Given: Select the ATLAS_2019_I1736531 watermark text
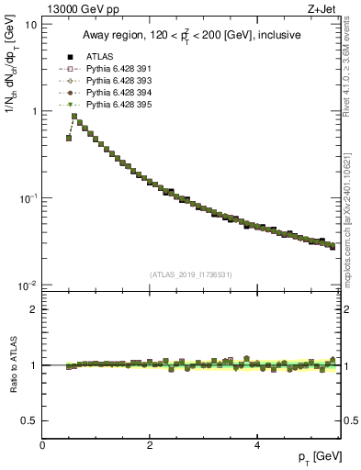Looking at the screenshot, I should coord(190,274).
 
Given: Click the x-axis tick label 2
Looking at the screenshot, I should coord(150,445).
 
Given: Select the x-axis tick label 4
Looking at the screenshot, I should coord(257,445).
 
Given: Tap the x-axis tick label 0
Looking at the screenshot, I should coord(42,445).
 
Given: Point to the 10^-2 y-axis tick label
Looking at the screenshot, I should coord(28,285).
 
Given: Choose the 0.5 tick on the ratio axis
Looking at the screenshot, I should coord(30,420).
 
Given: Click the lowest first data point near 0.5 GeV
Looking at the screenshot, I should coord(69,138).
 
